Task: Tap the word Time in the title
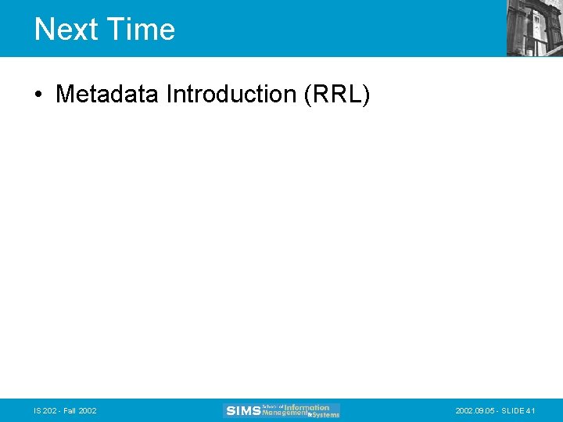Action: (x=141, y=30)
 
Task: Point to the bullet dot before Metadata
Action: (x=38, y=95)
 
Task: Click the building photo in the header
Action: (x=534, y=28)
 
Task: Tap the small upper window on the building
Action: (x=539, y=17)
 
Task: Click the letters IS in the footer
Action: (x=38, y=411)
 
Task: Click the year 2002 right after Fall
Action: (x=88, y=411)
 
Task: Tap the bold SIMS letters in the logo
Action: (x=242, y=411)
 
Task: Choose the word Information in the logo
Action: (x=307, y=407)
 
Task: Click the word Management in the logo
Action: (x=285, y=414)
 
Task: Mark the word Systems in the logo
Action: (x=325, y=415)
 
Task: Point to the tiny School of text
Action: (x=272, y=406)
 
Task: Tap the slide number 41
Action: (x=531, y=411)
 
